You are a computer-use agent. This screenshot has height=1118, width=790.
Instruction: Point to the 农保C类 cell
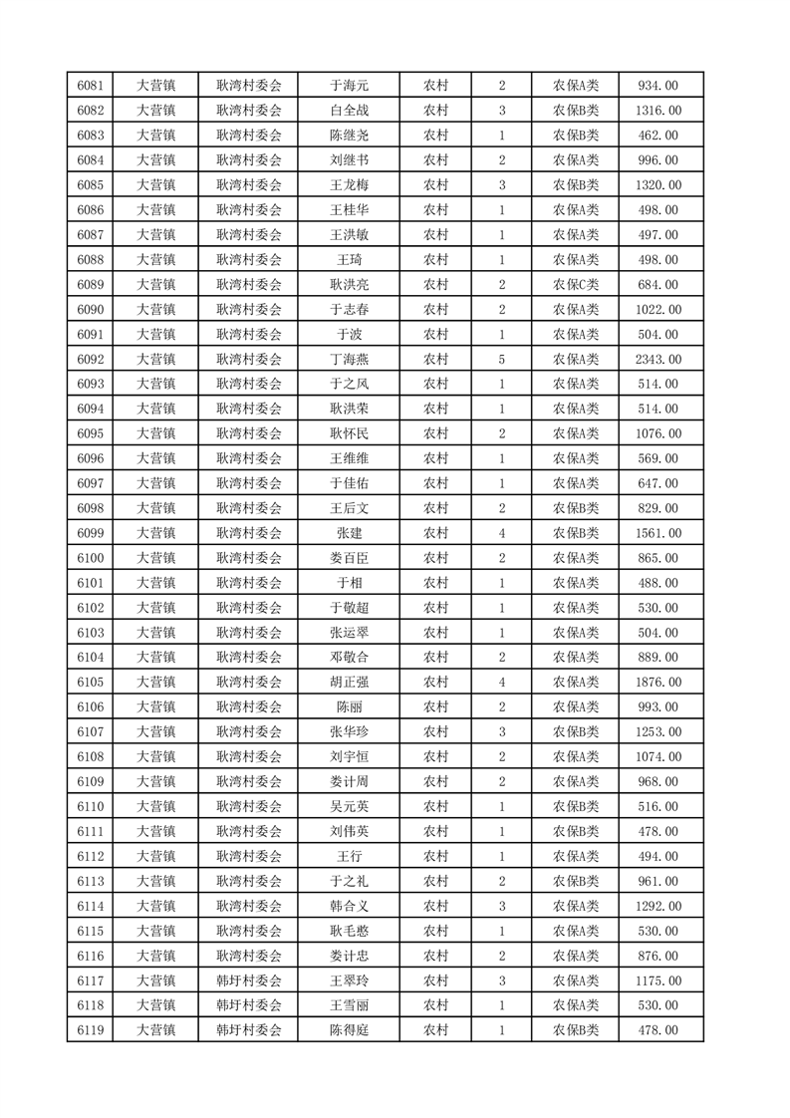pyautogui.click(x=576, y=285)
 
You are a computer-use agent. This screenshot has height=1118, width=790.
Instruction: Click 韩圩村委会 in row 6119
pyautogui.click(x=249, y=1030)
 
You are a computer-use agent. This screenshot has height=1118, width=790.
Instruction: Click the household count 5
pyautogui.click(x=501, y=360)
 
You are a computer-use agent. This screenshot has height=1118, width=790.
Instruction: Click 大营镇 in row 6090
pyautogui.click(x=155, y=310)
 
